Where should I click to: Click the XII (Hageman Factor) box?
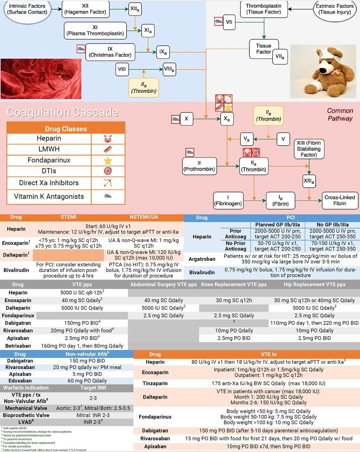85,9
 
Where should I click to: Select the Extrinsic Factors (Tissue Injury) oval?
334,9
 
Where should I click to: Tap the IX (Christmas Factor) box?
110,52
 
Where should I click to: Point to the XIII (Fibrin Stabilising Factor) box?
309,149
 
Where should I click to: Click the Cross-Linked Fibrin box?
339,200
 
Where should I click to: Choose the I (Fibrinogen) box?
228,200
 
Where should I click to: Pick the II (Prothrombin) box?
199,166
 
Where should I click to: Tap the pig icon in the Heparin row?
108,139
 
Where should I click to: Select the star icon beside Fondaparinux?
108,161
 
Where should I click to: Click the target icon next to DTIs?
108,171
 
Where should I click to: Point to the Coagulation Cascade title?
63,112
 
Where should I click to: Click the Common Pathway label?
340,114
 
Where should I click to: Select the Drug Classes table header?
66,129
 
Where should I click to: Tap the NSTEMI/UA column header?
144,217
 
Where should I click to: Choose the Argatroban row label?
202,259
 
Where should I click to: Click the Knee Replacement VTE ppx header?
234,284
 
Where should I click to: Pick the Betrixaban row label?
18,346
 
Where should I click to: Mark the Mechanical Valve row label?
26,408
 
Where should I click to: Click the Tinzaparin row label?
155,383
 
